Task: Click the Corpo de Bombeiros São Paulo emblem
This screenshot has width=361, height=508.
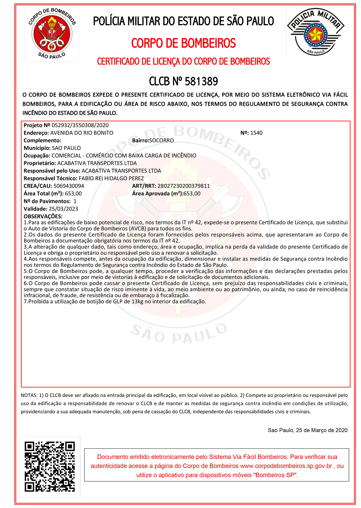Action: coord(51,34)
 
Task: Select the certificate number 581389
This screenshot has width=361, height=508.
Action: coord(201,81)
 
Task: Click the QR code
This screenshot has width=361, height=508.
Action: coord(50,466)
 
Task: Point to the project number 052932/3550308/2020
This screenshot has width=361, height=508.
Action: coord(80,125)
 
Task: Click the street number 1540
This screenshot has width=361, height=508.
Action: coord(256,133)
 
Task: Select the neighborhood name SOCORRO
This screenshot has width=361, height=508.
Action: coord(162,140)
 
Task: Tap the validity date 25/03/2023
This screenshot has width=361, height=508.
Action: coord(63,209)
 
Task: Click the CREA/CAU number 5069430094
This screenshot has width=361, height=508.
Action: coord(69,186)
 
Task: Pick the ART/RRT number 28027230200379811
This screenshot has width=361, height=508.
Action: coord(184,186)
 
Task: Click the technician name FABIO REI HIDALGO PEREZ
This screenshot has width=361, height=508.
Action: coord(111,178)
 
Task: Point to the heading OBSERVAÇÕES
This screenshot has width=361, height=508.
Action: coord(43,216)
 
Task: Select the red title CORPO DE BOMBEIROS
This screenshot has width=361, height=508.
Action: coord(184,43)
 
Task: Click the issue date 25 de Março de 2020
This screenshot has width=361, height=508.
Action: coord(322,430)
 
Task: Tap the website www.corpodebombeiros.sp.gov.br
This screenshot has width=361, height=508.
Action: coord(286,466)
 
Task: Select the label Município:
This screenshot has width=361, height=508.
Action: coord(37,148)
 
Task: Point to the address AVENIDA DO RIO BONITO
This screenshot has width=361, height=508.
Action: coord(82,133)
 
